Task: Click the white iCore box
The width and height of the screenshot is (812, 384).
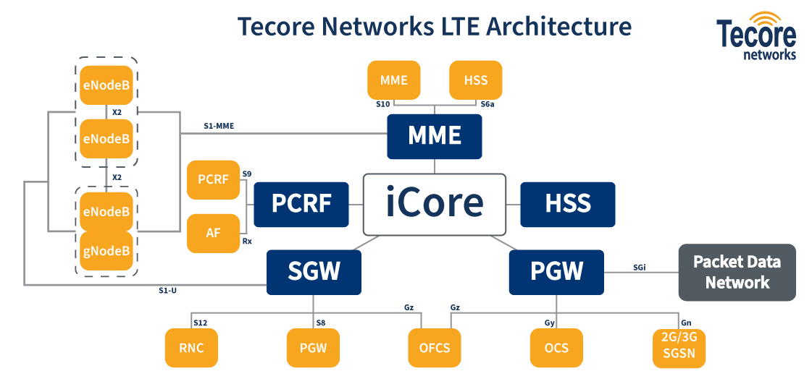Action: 434,204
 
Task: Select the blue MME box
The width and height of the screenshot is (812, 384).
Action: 434,136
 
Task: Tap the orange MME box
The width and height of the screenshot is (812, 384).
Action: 393,80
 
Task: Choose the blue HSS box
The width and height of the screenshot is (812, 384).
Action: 568,204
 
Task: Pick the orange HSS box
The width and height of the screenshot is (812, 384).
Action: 475,80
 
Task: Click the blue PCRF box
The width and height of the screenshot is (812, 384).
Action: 301,204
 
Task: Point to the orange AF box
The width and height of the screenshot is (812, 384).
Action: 213,233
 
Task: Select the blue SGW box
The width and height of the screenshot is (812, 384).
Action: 314,272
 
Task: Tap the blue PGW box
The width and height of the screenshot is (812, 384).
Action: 556,272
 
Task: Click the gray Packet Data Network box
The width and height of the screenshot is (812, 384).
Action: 737,273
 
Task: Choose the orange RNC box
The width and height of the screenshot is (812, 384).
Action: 191,348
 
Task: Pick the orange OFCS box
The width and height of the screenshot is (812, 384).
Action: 435,348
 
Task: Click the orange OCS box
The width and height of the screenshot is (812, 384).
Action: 556,348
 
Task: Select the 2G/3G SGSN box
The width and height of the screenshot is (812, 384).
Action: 679,348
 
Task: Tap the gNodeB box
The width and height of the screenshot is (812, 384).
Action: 106,251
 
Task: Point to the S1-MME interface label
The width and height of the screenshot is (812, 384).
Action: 218,126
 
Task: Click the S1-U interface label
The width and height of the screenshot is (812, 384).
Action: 167,290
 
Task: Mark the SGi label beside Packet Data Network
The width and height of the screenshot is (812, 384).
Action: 639,267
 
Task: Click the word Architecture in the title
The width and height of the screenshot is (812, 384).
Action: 558,27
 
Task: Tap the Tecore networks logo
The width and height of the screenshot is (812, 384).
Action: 756,36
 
